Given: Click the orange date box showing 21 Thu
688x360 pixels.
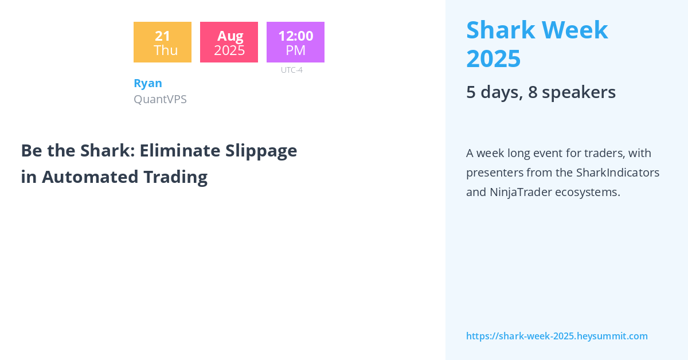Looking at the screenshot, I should (162, 42).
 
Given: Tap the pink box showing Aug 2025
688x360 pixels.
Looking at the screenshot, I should (229, 42).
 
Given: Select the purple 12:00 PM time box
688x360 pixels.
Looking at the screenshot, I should (295, 42).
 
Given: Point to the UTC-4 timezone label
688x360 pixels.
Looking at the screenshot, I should (291, 70).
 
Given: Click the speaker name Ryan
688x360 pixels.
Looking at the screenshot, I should (148, 83).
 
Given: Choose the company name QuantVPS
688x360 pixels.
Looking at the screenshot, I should (160, 99).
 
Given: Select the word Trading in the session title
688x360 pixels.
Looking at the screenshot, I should (175, 177).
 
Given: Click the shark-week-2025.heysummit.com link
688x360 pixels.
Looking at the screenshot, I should (557, 336).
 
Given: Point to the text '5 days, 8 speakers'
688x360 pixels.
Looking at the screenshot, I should (541, 92).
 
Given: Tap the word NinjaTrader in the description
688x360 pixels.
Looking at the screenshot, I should (521, 192).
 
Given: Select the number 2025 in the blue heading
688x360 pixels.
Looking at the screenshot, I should (493, 58).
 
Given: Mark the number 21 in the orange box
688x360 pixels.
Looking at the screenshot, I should (162, 36).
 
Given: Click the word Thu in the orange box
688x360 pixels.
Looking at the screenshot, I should (165, 50).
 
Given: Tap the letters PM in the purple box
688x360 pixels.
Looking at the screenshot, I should (295, 50).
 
